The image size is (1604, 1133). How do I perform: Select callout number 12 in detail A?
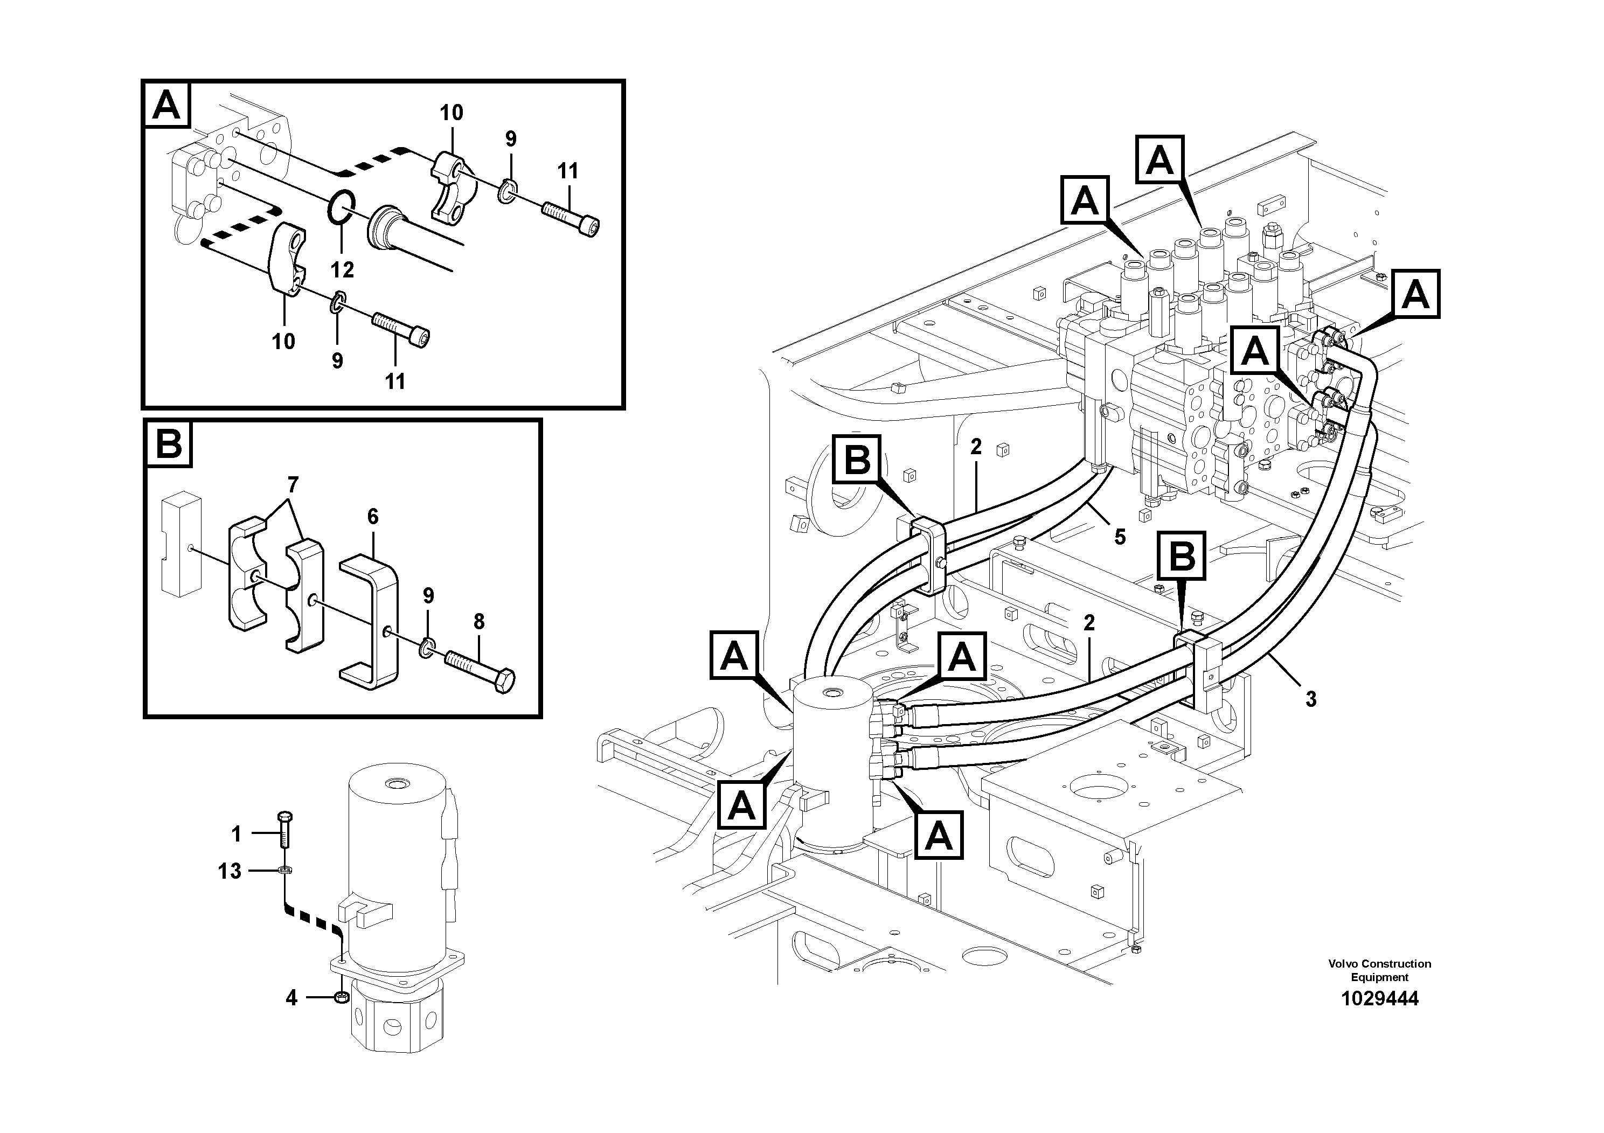pyautogui.click(x=342, y=269)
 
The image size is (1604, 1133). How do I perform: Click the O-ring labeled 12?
pyautogui.click(x=342, y=207)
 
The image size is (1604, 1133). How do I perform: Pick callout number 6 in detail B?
pyautogui.click(x=372, y=517)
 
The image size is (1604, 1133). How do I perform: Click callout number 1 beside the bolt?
pyautogui.click(x=236, y=833)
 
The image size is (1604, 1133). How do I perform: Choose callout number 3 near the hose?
pyautogui.click(x=1310, y=699)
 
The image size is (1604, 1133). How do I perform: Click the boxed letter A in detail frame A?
pyautogui.click(x=166, y=106)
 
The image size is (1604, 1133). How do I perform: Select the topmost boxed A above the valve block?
pyautogui.click(x=1159, y=161)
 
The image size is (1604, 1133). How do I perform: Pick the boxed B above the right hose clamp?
pyautogui.click(x=1182, y=557)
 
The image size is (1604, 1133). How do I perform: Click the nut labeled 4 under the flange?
pyautogui.click(x=342, y=997)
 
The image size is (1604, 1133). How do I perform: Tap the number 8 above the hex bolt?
pyautogui.click(x=478, y=621)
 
